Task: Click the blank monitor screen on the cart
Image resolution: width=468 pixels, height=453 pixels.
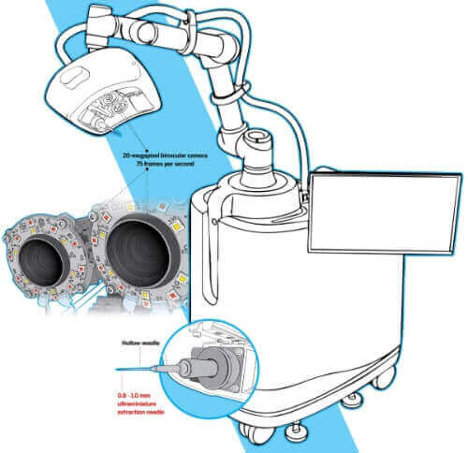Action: coord(385,214)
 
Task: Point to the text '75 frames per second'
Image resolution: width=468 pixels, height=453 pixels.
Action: coord(165,164)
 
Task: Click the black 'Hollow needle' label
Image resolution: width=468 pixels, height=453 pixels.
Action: coord(140,343)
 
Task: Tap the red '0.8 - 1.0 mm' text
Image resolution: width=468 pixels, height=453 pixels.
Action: coord(134,396)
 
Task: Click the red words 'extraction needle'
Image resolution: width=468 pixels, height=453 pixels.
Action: coord(140,412)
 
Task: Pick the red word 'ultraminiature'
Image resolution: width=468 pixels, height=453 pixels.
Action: coord(136,404)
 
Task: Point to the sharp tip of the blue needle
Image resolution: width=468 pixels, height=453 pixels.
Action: coord(116,370)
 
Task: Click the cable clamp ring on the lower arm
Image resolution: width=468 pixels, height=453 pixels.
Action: coord(230,92)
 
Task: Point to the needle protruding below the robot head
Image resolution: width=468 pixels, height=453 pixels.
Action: coord(117,133)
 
